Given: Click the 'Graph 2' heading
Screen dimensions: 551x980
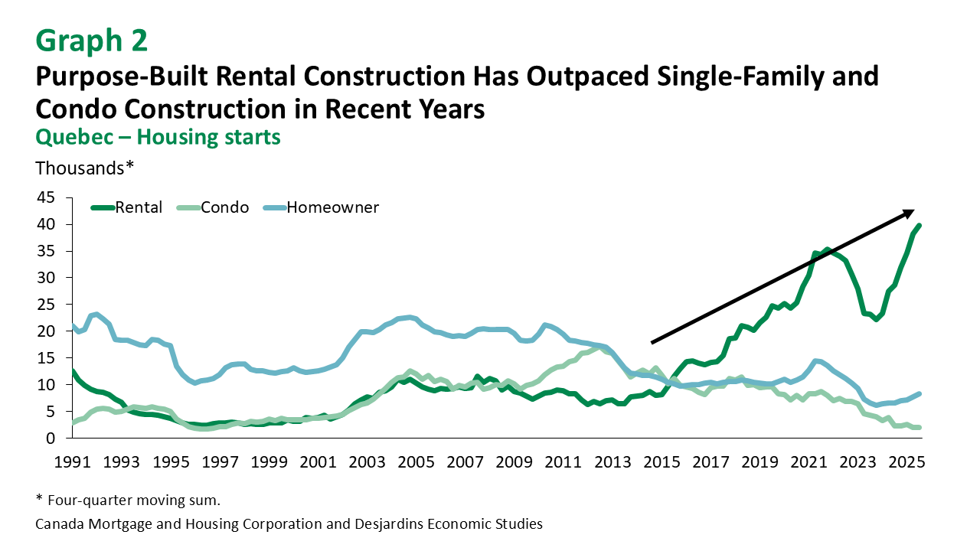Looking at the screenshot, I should (91, 41).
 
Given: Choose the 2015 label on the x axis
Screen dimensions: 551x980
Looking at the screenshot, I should (662, 463).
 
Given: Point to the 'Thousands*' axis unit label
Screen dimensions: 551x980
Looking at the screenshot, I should (85, 167).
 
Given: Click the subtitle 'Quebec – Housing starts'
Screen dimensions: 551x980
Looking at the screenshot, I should (158, 137).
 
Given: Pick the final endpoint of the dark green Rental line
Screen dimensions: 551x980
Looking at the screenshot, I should (920, 226).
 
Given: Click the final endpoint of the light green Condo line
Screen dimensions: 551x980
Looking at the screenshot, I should (920, 428).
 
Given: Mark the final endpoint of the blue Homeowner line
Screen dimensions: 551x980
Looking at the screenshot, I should (920, 394).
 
